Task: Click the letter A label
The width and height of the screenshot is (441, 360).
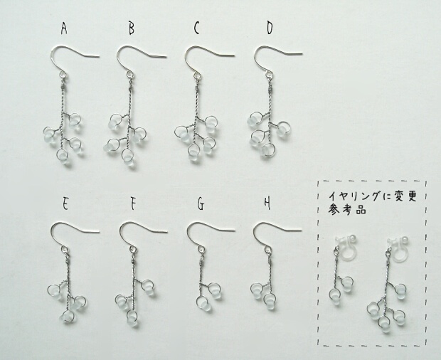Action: pos(64,28)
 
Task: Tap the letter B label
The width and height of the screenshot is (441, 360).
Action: pos(132,28)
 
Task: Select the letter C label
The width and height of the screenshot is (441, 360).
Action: pos(196,28)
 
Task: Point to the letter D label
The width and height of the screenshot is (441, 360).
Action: pos(270,28)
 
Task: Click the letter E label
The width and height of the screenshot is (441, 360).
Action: pos(65,203)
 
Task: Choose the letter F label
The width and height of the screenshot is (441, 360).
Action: pos(133,203)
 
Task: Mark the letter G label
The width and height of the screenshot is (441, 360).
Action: pos(201,204)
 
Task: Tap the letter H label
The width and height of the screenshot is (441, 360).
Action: pos(267,203)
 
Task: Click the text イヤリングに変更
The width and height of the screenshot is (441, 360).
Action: pos(373,196)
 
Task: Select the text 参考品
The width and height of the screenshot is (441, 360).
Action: pos(347,210)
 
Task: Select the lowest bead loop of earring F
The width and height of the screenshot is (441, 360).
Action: pos(132,317)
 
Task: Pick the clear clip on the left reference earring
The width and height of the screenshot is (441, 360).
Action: pos(344,244)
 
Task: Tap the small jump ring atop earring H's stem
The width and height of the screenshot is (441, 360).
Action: pos(269,249)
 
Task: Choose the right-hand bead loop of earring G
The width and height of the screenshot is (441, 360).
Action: pos(215,290)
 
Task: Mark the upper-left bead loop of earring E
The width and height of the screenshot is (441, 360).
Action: pos(55,290)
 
